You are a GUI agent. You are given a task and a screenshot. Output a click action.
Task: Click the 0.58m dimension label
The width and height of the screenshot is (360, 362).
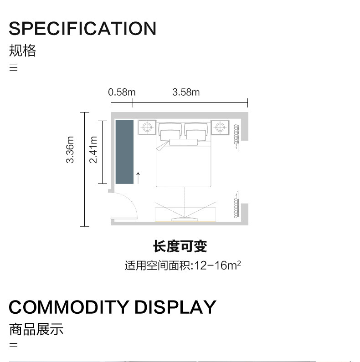122,92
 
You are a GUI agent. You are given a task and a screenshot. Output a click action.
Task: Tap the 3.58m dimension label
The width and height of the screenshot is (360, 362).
186,92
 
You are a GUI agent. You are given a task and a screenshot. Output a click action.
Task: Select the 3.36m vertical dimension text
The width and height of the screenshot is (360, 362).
70,150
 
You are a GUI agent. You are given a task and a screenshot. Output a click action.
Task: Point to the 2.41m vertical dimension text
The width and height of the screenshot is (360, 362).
93,150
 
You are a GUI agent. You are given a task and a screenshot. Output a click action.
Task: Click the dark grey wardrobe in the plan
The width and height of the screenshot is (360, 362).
124,152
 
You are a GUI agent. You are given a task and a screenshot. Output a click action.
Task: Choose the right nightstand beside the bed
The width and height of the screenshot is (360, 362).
221,127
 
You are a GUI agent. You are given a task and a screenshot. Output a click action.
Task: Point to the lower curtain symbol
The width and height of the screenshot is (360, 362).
236,206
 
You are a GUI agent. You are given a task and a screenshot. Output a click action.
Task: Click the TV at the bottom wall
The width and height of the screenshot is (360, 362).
184,219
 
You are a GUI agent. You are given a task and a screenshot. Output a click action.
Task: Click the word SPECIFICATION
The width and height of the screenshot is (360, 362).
82,28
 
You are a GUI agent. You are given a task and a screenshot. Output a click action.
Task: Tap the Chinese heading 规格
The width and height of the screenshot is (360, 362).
22,50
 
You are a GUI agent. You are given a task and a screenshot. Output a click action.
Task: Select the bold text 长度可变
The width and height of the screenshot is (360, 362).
180,246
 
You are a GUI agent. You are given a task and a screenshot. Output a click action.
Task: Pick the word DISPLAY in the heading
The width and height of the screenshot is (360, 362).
175,307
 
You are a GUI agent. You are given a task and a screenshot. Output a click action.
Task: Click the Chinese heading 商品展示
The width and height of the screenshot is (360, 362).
36,329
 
